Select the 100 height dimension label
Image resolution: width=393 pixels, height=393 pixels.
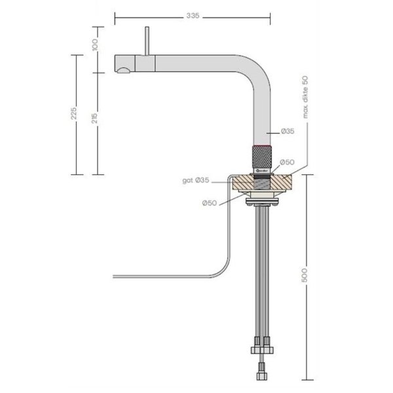pyautogui.click(x=96, y=45)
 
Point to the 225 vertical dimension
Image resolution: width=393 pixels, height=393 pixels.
pyautogui.click(x=74, y=115)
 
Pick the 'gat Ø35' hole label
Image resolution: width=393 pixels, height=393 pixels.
pyautogui.click(x=196, y=179)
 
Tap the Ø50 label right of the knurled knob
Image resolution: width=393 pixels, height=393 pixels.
pyautogui.click(x=286, y=162)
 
